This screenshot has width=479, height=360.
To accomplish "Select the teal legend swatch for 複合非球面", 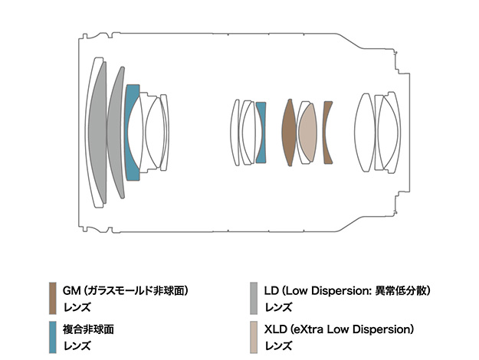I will click(x=53, y=337).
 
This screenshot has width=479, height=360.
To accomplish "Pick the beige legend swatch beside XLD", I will click(x=254, y=337).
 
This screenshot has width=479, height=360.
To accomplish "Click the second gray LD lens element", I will click(x=116, y=132).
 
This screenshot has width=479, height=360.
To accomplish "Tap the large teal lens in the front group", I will click(x=131, y=132).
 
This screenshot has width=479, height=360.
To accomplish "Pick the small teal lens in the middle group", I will click(x=261, y=132).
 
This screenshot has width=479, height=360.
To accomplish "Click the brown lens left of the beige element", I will click(x=289, y=132).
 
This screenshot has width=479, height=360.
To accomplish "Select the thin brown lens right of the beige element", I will click(x=328, y=132).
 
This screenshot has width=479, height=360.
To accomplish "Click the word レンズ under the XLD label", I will click(x=277, y=345).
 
